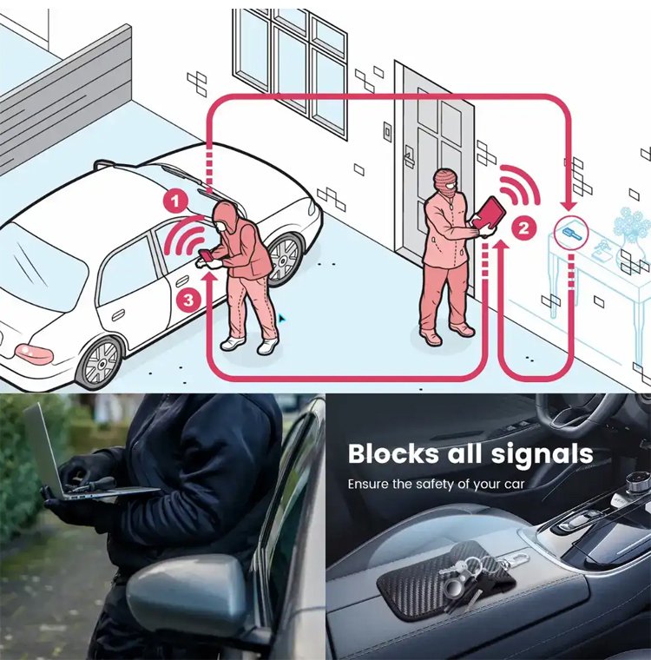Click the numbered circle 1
tap(175, 201)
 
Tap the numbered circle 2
tap(523, 228)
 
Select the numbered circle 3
tap(188, 300)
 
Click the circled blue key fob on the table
tap(571, 233)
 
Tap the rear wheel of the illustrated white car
tap(100, 363)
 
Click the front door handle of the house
tap(408, 155)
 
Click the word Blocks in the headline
tap(393, 453)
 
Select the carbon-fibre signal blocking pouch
tap(446, 577)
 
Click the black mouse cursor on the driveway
tap(281, 319)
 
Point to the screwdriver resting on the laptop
tap(90, 484)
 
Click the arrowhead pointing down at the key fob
tap(570, 206)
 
